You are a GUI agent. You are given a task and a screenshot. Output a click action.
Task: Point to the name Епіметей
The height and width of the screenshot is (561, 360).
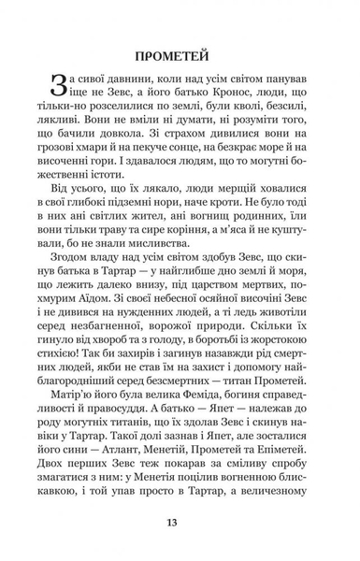(284, 521)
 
